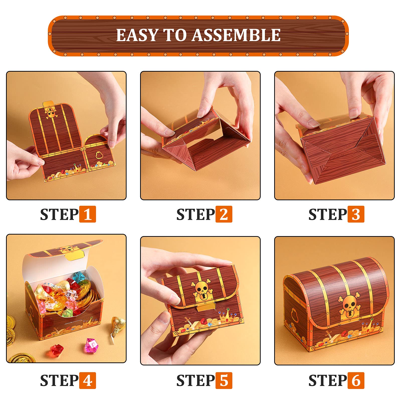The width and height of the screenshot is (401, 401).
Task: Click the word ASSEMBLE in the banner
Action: [x=236, y=35]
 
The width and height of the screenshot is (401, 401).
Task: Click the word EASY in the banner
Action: [x=137, y=35]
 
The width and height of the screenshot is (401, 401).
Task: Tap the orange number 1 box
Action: [x=87, y=214]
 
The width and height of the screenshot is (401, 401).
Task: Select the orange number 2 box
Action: [x=224, y=214]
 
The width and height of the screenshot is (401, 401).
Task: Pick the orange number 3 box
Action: [x=356, y=214]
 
